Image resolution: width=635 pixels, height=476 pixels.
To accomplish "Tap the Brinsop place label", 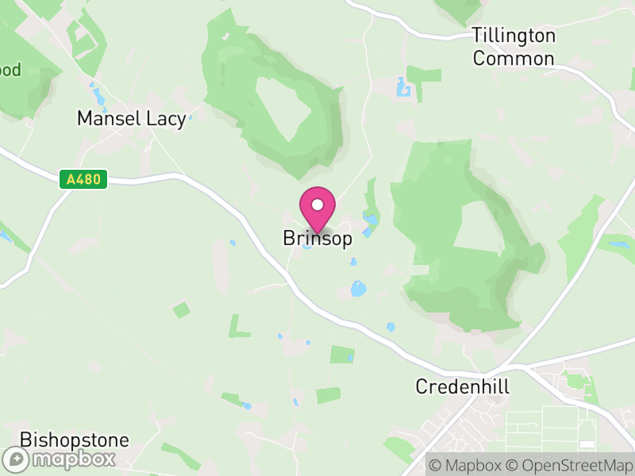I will [317, 239].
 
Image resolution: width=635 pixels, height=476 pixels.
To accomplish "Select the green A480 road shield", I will [83, 179].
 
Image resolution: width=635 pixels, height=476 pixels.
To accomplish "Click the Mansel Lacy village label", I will [131, 119].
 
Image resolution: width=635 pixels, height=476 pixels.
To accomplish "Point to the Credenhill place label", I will [462, 387].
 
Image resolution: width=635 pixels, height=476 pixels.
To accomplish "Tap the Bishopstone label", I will [74, 440].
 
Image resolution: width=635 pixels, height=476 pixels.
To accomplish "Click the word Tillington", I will [514, 36].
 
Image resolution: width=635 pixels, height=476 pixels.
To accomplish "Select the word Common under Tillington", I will [514, 59].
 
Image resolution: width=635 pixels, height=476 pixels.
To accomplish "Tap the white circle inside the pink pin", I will [317, 205].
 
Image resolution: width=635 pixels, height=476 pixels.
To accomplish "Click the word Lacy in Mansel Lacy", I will [167, 119].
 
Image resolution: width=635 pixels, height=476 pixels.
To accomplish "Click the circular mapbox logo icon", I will [17, 459].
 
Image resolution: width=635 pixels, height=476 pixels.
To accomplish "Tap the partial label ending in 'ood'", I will [11, 69].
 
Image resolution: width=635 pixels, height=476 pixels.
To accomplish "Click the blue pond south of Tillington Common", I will [403, 87].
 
